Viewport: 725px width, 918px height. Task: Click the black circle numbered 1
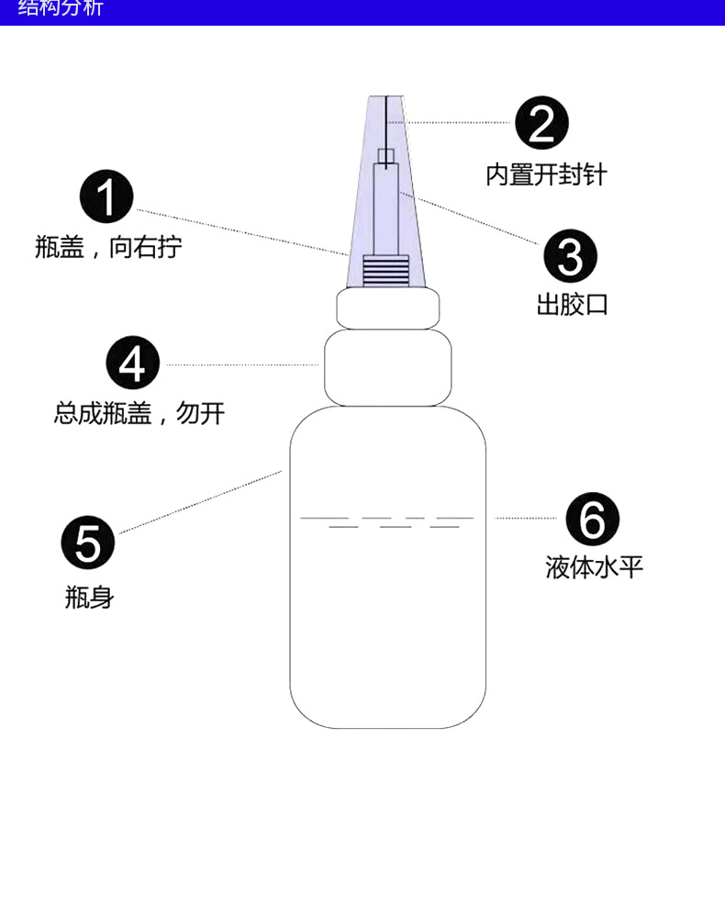[107, 196]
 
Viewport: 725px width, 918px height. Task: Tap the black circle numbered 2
[541, 123]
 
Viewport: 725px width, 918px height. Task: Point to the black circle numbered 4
[133, 364]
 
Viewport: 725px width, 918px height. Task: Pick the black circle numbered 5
[88, 542]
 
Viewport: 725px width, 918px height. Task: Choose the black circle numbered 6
[592, 519]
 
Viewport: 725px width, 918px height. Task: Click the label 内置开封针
[546, 174]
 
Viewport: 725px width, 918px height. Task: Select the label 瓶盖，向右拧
[108, 247]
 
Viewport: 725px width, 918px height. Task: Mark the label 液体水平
[595, 567]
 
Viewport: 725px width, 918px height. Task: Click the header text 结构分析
[61, 9]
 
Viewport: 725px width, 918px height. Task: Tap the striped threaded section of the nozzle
[386, 271]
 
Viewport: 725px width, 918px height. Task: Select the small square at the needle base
[386, 156]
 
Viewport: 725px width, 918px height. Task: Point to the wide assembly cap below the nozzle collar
[387, 368]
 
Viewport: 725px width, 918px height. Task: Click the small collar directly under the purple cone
[387, 308]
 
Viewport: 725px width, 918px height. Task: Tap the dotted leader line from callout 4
[243, 364]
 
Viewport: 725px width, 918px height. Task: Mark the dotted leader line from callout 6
[525, 519]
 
